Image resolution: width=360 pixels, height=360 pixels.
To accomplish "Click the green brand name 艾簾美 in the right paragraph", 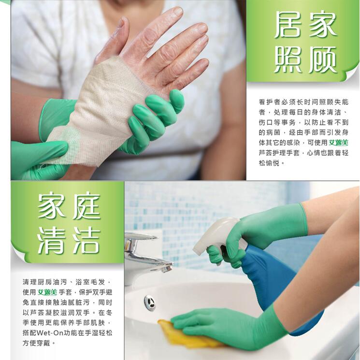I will pyautogui.click(x=338, y=143).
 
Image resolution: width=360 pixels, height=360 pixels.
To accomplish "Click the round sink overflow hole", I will pyautogui.click(x=150, y=302).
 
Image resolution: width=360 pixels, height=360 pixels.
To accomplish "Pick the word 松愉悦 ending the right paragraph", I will pyautogui.click(x=272, y=163).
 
